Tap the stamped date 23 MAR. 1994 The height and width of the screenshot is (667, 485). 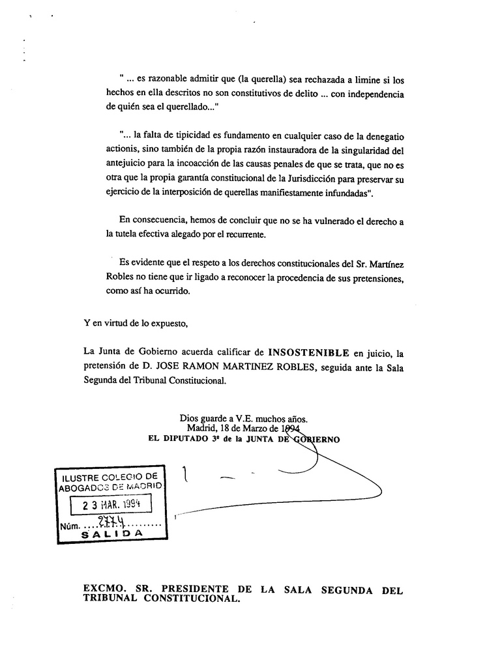[111, 505]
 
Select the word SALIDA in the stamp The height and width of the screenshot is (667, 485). [111, 534]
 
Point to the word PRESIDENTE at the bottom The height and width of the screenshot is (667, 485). [196, 589]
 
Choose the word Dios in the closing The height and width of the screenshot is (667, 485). [189, 419]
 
